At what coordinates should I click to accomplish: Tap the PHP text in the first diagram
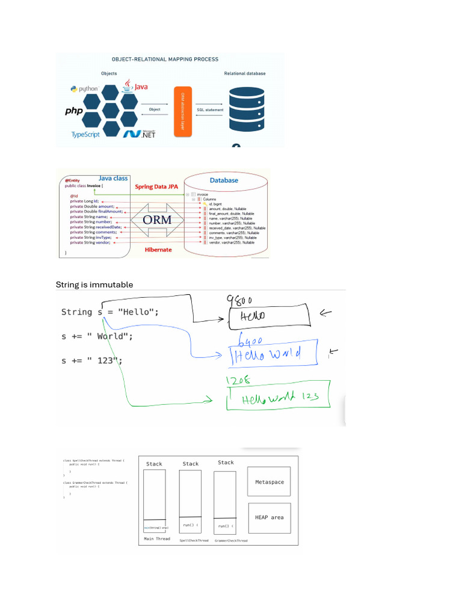pyautogui.click(x=74, y=111)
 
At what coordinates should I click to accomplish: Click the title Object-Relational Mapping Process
pyautogui.click(x=165, y=60)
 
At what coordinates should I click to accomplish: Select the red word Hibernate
pyautogui.click(x=158, y=248)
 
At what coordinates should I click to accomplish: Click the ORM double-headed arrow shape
pyautogui.click(x=157, y=220)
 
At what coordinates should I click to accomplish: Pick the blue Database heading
pyautogui.click(x=224, y=180)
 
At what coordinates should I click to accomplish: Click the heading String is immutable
pyautogui.click(x=94, y=285)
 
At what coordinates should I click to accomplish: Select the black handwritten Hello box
pyautogui.click(x=268, y=316)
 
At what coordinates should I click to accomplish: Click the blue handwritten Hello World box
pyautogui.click(x=274, y=356)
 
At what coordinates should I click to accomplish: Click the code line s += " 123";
pyautogui.click(x=92, y=360)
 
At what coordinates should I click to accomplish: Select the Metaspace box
pyautogui.click(x=269, y=482)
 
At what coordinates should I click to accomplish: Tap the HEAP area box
pyautogui.click(x=269, y=517)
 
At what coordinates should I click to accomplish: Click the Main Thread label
pyautogui.click(x=157, y=539)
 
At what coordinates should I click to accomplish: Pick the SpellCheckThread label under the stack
pyautogui.click(x=194, y=540)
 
